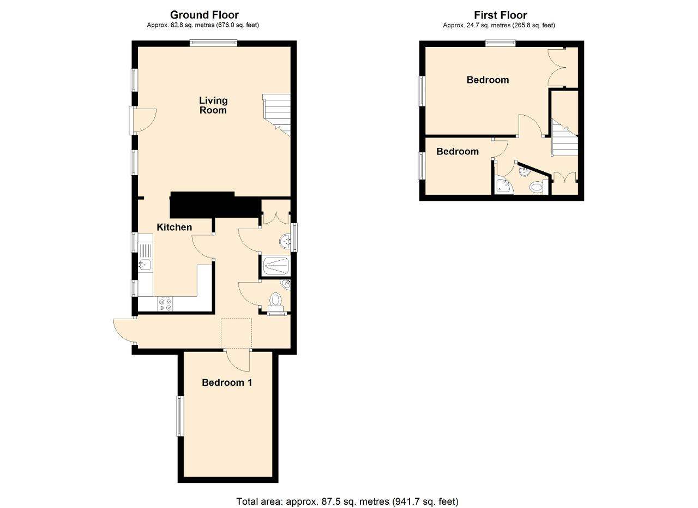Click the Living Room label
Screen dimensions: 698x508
click(213, 105)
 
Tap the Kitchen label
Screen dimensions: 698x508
click(174, 227)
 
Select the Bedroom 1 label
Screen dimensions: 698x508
click(227, 383)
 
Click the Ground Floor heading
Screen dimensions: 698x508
click(204, 15)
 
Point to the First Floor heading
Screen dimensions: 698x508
click(501, 15)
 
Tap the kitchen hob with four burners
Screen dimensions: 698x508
click(165, 304)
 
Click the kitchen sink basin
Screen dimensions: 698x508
click(145, 265)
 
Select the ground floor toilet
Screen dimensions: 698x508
click(276, 302)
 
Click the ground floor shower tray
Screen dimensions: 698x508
click(276, 266)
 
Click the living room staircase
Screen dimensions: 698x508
click(276, 115)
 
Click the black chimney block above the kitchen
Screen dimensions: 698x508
click(215, 205)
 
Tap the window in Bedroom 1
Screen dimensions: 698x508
click(180, 416)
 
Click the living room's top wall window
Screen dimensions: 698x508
click(214, 43)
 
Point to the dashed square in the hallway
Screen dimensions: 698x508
click(237, 333)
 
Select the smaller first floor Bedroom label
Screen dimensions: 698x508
click(458, 152)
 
